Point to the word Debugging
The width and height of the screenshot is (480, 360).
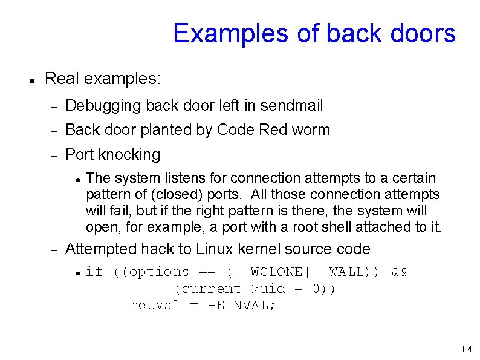coord(103,106)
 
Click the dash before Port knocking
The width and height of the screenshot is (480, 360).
coord(53,155)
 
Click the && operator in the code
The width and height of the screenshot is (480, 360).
coord(399,272)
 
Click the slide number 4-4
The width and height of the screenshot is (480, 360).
coord(465,350)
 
